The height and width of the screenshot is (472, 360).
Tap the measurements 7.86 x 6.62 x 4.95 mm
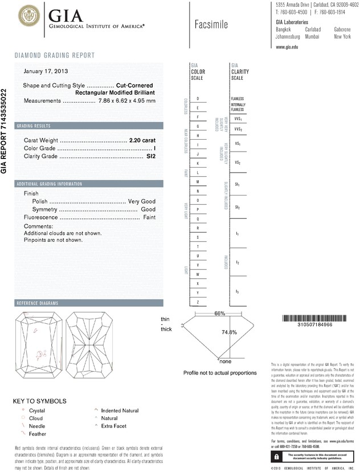pos(127,101)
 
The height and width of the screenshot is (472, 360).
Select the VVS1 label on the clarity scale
pos(238,119)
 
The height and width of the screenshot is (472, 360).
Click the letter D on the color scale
pos(197,99)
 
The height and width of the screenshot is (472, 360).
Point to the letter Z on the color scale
pos(197,302)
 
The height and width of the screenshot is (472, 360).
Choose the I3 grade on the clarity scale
pos(238,291)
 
